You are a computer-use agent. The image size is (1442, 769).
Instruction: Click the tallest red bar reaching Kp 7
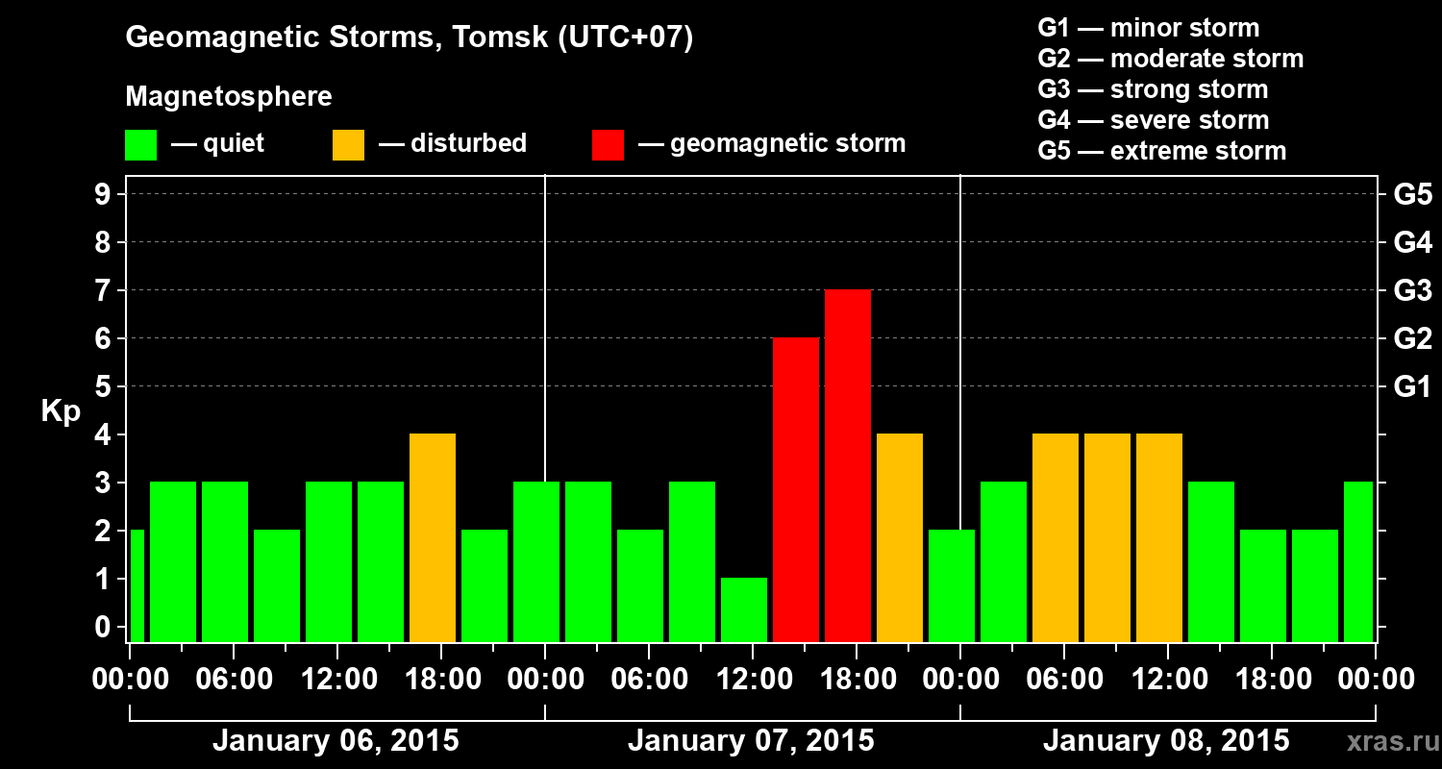click(x=848, y=466)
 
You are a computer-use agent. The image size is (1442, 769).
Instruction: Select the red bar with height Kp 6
click(x=796, y=490)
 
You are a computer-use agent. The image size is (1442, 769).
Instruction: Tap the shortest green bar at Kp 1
click(x=744, y=609)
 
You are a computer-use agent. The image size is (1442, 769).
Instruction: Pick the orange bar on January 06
click(x=433, y=538)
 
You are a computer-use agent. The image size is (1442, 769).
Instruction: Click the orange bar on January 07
click(x=900, y=538)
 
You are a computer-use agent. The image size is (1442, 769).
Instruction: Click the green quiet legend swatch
click(x=141, y=145)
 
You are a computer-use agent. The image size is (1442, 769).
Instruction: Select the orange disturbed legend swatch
click(x=349, y=145)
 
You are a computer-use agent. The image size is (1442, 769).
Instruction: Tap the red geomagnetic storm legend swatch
click(x=609, y=145)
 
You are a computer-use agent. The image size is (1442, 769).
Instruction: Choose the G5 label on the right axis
click(x=1412, y=195)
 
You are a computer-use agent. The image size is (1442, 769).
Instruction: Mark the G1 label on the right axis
click(x=1412, y=387)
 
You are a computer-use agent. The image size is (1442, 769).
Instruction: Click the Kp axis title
click(x=61, y=411)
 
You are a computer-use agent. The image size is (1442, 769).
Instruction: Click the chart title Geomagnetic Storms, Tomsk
click(x=410, y=38)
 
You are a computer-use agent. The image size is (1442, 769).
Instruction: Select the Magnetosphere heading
click(x=229, y=97)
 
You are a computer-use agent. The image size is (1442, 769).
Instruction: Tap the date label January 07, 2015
click(x=751, y=741)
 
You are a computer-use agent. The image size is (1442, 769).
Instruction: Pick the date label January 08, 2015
click(x=1166, y=741)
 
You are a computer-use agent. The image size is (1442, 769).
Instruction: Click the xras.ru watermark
click(x=1388, y=742)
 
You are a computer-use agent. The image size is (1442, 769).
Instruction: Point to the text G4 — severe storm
click(x=1154, y=120)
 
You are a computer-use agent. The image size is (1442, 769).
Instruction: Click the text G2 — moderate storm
click(x=1171, y=59)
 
